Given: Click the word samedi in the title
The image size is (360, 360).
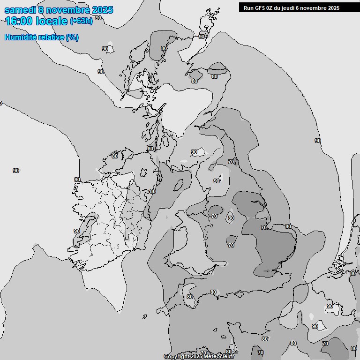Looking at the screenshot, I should (x=19, y=9).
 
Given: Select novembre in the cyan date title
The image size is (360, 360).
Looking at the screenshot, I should (x=69, y=9).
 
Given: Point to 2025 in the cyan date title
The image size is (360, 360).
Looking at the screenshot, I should (x=102, y=9).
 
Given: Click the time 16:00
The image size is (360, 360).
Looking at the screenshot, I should (x=19, y=21).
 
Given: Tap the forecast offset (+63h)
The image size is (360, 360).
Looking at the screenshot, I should (x=81, y=21).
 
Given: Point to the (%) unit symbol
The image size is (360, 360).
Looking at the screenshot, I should (x=72, y=37).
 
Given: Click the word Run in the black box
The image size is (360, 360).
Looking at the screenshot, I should (x=249, y=7).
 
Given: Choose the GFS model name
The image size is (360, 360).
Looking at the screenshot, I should (x=261, y=7).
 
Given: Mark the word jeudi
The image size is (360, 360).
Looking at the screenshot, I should (x=293, y=7).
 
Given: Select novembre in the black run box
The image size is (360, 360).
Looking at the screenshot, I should (x=318, y=7).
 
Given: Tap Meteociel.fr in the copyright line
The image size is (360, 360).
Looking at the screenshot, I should (x=219, y=357).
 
